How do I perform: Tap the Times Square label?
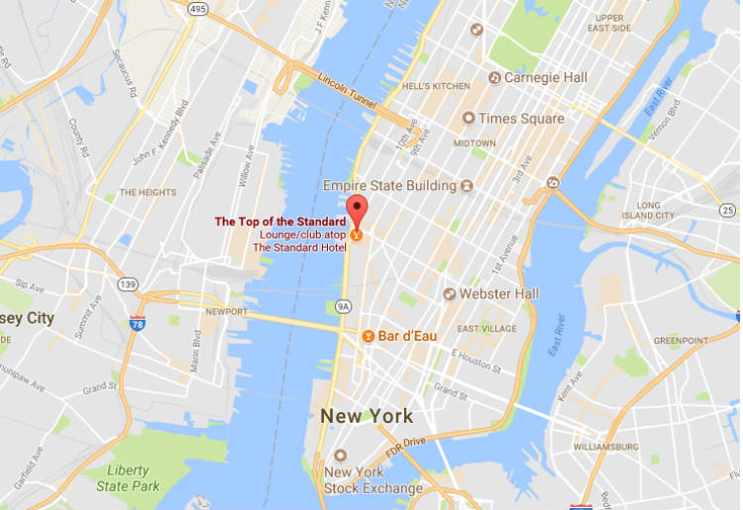[521, 118]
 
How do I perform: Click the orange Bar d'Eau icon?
[367, 336]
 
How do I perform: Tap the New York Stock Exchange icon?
[341, 456]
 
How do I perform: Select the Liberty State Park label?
[129, 478]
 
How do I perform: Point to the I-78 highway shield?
[137, 323]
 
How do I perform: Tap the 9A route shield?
[343, 306]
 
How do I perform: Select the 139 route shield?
[127, 284]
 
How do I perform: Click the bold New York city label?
[367, 416]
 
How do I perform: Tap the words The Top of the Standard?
[280, 221]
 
